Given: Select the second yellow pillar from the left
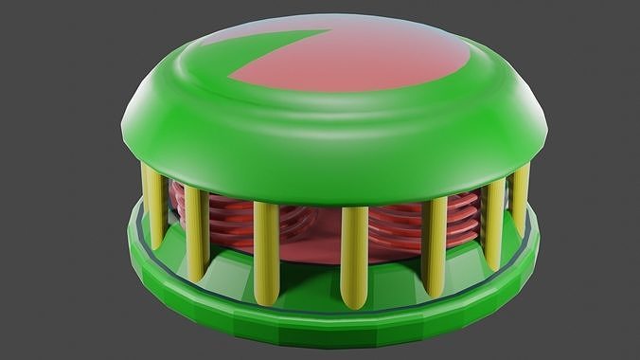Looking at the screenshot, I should point(196,232).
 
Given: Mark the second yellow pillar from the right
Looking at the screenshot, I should point(492,223).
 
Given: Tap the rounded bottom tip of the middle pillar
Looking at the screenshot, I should point(354,302).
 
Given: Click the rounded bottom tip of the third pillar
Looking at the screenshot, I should point(267,295).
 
